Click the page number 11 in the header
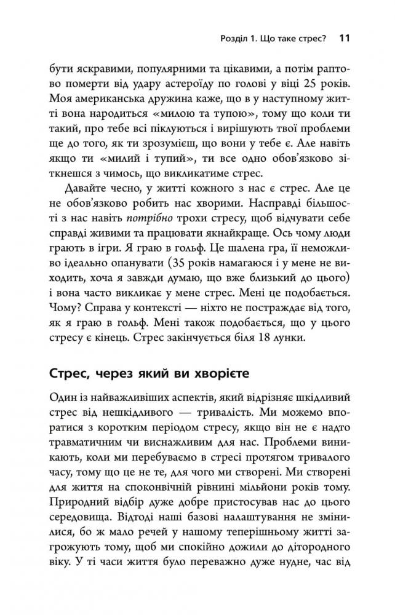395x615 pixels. [x=345, y=38]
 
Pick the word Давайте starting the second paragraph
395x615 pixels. [x=82, y=189]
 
